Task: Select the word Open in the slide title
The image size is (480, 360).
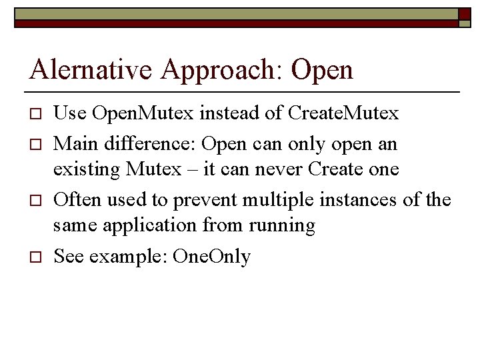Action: click(x=322, y=69)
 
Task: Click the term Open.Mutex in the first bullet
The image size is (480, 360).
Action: click(x=135, y=113)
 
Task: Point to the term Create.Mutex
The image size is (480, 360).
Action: click(x=343, y=113)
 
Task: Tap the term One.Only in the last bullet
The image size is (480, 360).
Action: click(x=211, y=256)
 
